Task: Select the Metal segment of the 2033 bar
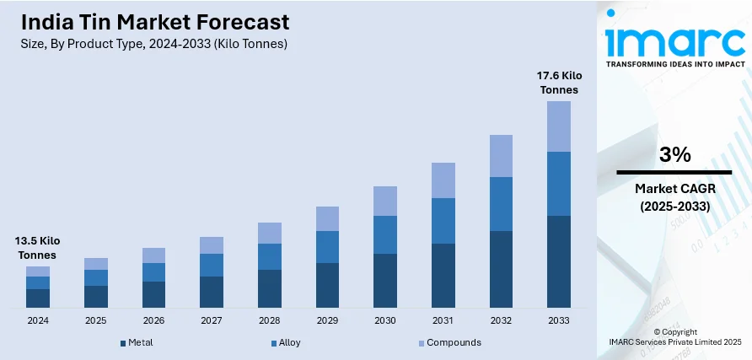pos(558,261)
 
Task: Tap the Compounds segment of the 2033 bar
pos(558,126)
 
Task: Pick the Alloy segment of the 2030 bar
pos(384,234)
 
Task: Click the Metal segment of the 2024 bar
pos(38,298)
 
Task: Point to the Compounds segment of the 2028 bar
pos(269,233)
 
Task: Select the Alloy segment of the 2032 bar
pos(501,204)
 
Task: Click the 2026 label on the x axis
pos(153,321)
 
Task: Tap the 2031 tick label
pos(443,321)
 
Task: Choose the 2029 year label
pos(327,321)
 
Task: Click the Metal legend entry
pos(137,343)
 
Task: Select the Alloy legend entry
pos(286,343)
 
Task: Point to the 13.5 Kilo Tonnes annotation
pos(38,248)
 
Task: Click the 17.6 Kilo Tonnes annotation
pos(558,83)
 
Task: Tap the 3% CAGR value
pos(674,154)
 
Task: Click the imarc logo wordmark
pos(674,38)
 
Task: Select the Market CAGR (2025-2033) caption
pos(674,196)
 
